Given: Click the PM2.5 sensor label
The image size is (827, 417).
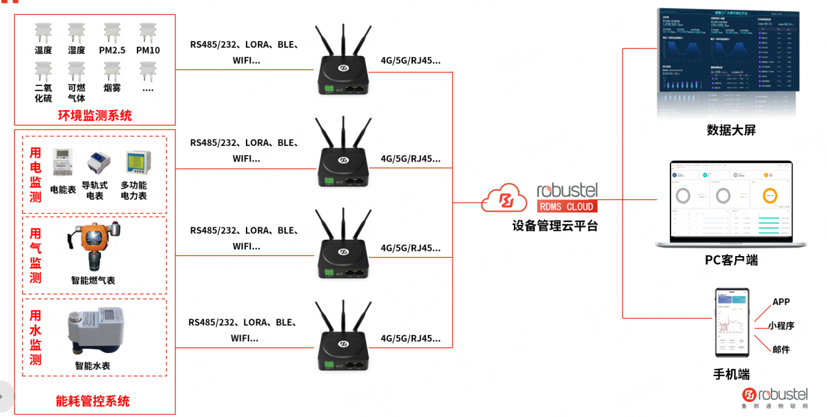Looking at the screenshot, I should coord(112,50).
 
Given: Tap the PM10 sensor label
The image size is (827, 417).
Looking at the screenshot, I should coord(148,50).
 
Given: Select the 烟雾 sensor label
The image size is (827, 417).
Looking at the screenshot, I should coord(112,88).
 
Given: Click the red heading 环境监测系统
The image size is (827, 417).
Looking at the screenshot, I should coord(95,116).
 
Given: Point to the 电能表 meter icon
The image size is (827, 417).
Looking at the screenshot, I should coord(63,162).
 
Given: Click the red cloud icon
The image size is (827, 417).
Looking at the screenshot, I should coord(504,198).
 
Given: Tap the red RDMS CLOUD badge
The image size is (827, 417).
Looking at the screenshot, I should coord(566,207).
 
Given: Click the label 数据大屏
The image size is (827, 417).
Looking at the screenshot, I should coord(731,130).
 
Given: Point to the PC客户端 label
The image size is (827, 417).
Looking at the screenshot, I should coord(731,260).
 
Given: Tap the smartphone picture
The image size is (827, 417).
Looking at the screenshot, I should coord(732,323).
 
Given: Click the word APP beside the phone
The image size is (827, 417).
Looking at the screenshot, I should coord(781,302).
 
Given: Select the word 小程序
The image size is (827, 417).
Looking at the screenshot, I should coord(781,326).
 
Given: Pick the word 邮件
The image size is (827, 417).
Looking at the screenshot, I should coord(781,350).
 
